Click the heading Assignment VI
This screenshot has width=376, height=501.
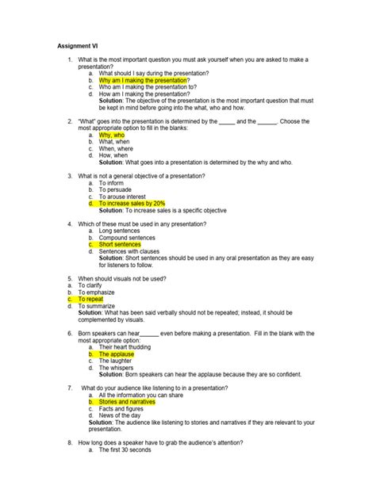click(x=78, y=46)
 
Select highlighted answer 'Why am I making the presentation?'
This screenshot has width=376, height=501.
click(x=144, y=80)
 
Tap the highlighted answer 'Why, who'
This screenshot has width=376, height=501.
click(x=116, y=135)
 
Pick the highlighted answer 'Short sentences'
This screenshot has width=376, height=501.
click(x=120, y=245)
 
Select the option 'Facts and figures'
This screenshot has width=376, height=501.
click(x=123, y=409)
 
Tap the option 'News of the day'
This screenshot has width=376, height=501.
click(x=121, y=416)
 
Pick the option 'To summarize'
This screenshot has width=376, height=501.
click(x=98, y=306)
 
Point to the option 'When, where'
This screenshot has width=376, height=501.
click(x=121, y=148)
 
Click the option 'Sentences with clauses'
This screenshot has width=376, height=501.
click(x=132, y=251)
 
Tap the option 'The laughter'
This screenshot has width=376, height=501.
click(x=120, y=361)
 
